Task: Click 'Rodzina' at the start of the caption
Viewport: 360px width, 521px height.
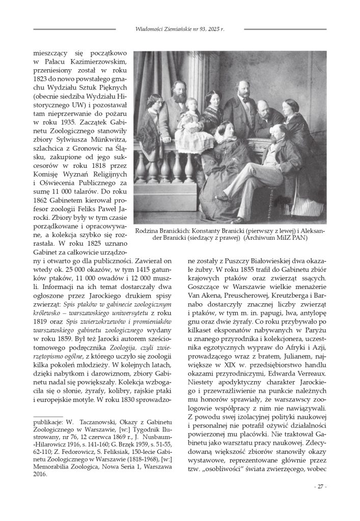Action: (148, 231)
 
